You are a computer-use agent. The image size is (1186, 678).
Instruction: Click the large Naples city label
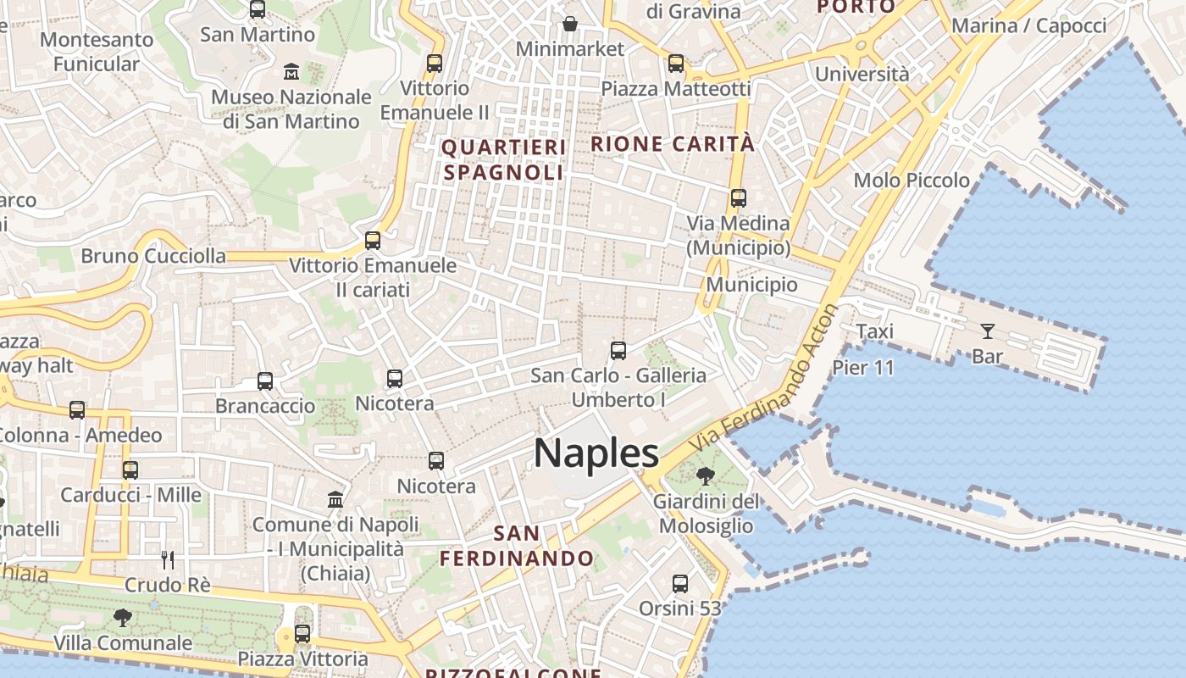click(596, 453)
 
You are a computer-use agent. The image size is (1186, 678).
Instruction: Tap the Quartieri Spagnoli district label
click(503, 160)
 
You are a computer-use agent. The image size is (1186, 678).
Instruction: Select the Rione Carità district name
click(673, 144)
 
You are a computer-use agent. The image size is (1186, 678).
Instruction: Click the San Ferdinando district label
click(517, 546)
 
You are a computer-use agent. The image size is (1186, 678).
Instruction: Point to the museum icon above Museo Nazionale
click(292, 70)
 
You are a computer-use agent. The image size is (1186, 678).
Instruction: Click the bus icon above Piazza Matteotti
click(675, 63)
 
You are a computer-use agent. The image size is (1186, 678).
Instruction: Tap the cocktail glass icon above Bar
click(987, 331)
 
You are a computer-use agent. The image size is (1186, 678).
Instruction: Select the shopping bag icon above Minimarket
click(570, 23)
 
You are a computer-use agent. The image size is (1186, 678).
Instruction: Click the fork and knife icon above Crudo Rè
click(168, 559)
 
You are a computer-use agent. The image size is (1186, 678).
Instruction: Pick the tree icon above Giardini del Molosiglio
click(705, 476)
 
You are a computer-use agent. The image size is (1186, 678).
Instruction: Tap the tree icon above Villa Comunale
click(123, 617)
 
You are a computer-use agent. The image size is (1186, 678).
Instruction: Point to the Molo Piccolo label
click(912, 181)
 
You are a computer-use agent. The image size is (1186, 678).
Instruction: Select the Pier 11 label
click(862, 368)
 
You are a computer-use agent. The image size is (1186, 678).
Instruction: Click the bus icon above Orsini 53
click(680, 583)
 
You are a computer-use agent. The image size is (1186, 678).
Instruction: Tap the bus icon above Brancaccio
click(265, 381)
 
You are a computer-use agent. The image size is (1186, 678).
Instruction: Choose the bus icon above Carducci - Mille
click(130, 470)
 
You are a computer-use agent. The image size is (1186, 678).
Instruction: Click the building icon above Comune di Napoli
click(335, 499)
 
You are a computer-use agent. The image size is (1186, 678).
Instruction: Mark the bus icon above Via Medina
click(739, 198)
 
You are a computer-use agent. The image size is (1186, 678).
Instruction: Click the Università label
click(862, 75)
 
